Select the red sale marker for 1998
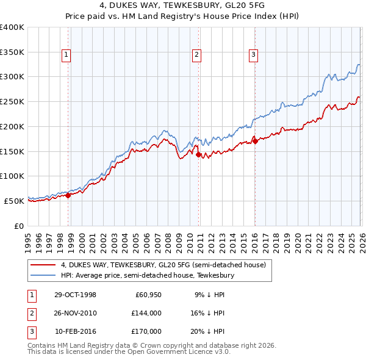point(68,195)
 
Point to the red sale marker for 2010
point(199,154)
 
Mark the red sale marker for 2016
point(255,142)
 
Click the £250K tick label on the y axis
point(12,102)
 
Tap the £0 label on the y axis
point(18,226)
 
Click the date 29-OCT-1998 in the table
point(76,295)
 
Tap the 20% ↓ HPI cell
point(207,331)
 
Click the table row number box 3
point(31,331)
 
